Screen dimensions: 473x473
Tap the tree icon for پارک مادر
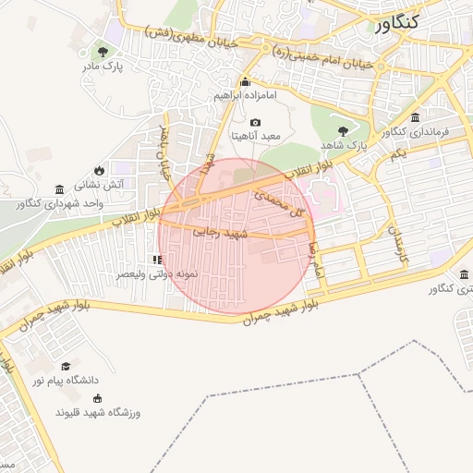tap(103, 51)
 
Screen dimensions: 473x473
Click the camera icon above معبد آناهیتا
tap(256, 122)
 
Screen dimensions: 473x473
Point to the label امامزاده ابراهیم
tap(245, 95)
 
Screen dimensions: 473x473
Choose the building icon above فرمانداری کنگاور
tap(414, 118)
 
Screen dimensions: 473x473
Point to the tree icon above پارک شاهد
tap(345, 131)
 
